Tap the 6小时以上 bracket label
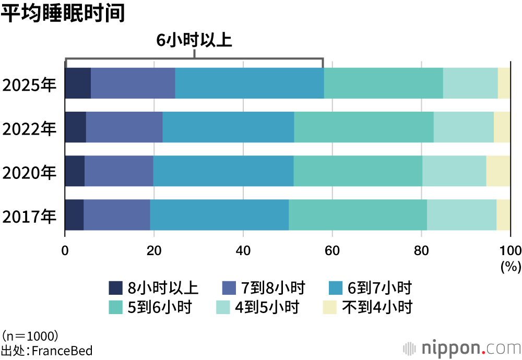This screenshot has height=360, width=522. point(194,41)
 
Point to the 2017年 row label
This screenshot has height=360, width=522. point(29,215)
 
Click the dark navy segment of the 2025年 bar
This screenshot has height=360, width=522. point(78,83)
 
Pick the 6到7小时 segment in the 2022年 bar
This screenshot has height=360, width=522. point(228,127)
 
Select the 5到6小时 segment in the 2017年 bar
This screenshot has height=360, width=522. point(358,215)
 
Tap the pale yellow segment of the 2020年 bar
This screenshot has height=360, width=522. point(498,171)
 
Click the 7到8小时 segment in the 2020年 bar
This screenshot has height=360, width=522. point(118,171)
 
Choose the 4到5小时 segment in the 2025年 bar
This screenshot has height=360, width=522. point(470,83)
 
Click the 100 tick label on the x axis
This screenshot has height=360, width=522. point(510,249)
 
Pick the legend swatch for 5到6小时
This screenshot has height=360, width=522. point(115,307)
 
